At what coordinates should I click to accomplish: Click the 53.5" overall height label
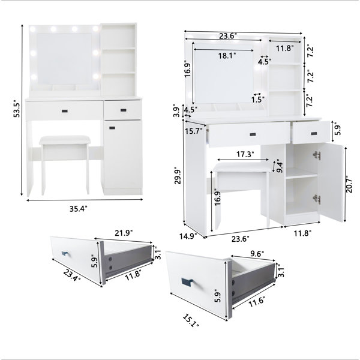tap(17, 109)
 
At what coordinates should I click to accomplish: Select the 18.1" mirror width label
tap(227, 56)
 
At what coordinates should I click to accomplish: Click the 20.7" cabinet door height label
tap(349, 184)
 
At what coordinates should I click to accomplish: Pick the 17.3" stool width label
tap(245, 154)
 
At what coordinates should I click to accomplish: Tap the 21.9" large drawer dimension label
tap(124, 233)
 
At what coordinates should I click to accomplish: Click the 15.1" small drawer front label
tap(191, 320)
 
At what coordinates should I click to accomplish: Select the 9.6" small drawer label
tap(257, 253)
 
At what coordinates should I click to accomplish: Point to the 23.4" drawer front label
tap(72, 275)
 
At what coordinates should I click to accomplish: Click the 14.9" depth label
tap(188, 236)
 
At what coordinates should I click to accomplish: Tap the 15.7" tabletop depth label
tap(194, 131)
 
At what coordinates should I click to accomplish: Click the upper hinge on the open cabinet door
tap(317, 155)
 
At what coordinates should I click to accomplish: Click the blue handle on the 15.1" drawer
tap(188, 282)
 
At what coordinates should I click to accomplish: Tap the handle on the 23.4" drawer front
tap(65, 253)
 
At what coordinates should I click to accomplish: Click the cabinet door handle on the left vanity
tap(112, 127)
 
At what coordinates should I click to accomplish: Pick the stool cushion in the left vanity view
tap(65, 140)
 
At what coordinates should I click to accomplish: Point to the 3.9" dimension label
tap(176, 110)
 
